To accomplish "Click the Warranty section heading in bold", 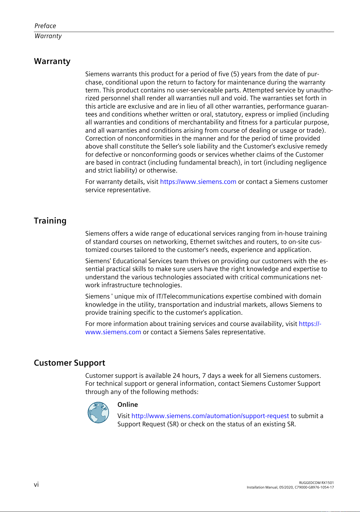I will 52,61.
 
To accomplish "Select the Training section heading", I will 50,221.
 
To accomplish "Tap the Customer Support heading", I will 70,363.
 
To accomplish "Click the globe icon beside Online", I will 98,412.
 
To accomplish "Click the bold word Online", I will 128,405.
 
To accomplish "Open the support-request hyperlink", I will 210,416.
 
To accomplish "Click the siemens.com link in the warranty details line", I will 198,182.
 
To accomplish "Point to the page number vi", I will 36,485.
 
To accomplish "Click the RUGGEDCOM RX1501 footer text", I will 316,483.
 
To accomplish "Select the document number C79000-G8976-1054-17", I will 314,487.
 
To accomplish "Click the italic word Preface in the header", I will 45,26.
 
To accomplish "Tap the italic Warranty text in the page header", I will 48,36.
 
